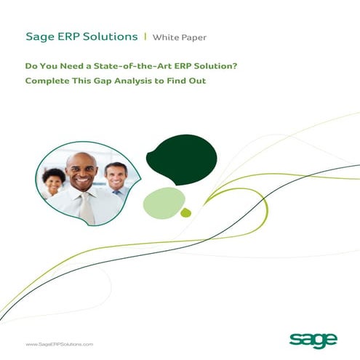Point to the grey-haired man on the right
[x=115, y=176]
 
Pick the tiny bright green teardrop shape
[x=185, y=212]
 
